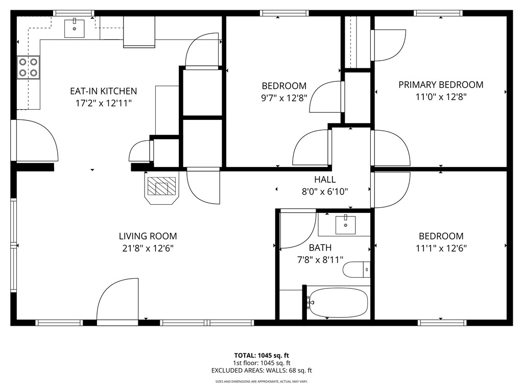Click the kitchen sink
[75, 29]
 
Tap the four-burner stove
[29, 67]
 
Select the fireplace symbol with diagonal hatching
[161, 188]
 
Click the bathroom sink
[346, 225]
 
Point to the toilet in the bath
[356, 269]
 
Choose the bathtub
[337, 303]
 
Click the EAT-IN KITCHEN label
[103, 91]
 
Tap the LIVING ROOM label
[148, 236]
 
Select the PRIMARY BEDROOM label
[441, 85]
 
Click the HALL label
[325, 179]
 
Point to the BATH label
[320, 248]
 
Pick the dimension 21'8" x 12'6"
[148, 249]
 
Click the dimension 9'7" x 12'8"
[284, 98]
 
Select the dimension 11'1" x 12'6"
[441, 249]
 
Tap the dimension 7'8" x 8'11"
[320, 260]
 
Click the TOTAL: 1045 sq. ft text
[261, 355]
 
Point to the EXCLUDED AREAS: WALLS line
[261, 371]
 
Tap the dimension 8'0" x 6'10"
[325, 192]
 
